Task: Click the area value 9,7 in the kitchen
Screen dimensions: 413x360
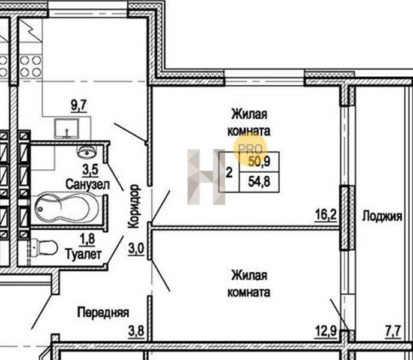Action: [x=79, y=106]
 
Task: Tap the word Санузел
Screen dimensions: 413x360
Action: [x=88, y=184]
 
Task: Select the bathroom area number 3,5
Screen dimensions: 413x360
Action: [x=90, y=170]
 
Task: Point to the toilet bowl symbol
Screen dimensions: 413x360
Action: [x=47, y=248]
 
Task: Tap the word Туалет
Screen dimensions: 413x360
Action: [x=83, y=254]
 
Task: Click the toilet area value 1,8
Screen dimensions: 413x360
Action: [x=88, y=239]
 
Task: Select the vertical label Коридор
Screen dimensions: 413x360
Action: [x=133, y=206]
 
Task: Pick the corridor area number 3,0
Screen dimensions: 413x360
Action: [x=136, y=249]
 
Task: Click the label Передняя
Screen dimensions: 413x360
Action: [x=103, y=313]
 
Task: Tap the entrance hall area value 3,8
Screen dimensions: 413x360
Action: [x=136, y=331]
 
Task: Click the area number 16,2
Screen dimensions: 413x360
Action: [x=326, y=215]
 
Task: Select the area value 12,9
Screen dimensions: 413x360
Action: [x=326, y=331]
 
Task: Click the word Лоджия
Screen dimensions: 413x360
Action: [x=382, y=217]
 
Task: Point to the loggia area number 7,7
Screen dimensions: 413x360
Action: [x=393, y=331]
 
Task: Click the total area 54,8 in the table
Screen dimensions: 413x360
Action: [x=259, y=182]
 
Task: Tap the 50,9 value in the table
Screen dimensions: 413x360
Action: [x=259, y=161]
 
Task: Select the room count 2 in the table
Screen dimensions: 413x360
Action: [x=229, y=173]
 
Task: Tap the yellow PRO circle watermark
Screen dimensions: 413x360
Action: [x=250, y=149]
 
